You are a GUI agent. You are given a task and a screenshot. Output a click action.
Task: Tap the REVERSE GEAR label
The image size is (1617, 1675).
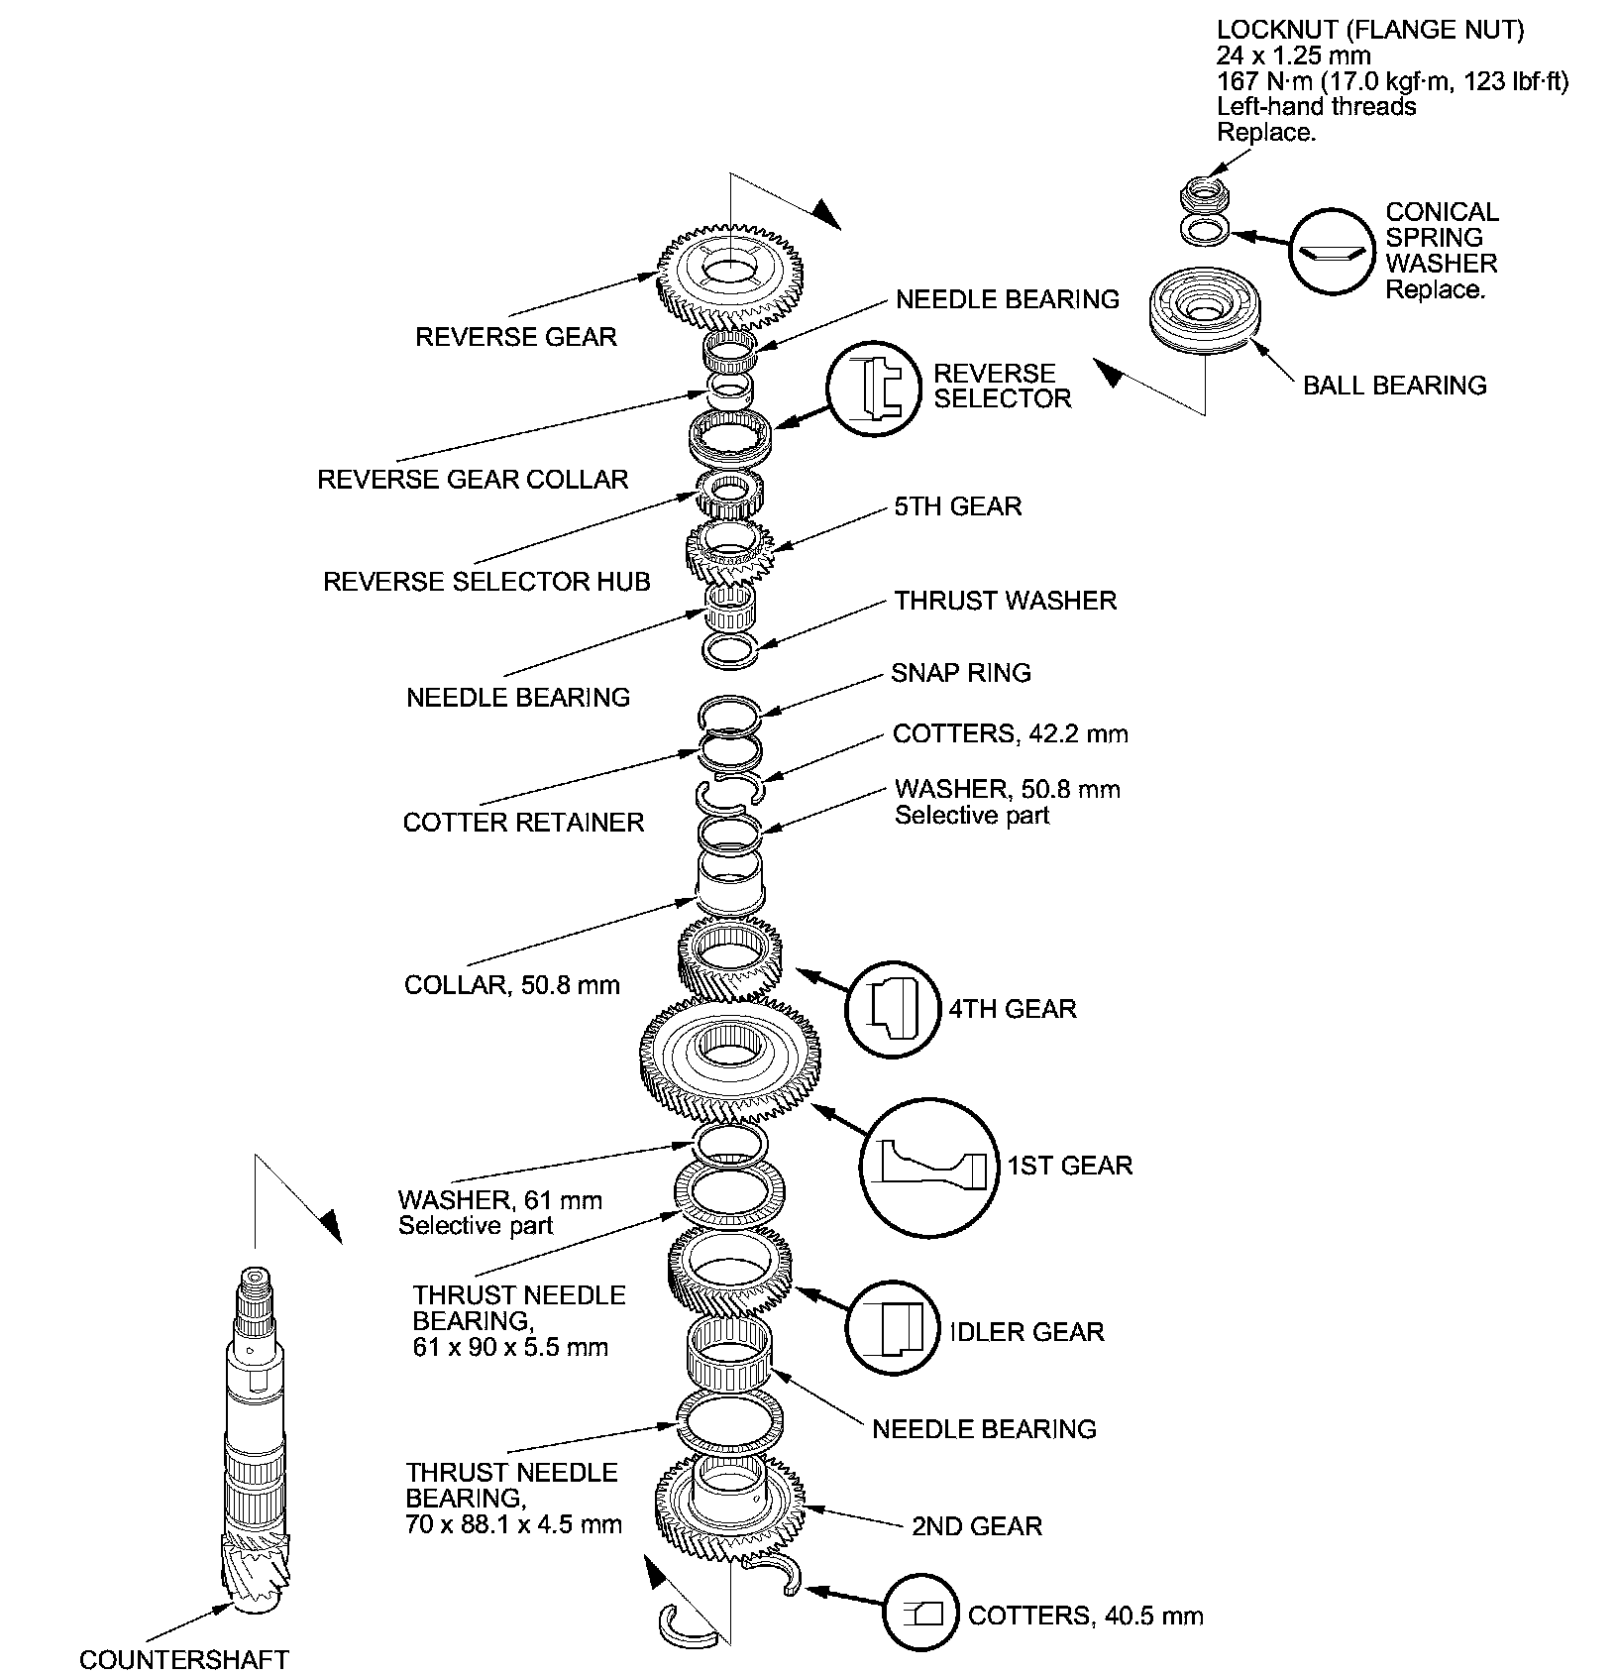(x=515, y=337)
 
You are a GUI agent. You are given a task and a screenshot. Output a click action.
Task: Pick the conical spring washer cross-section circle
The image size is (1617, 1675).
(x=1333, y=251)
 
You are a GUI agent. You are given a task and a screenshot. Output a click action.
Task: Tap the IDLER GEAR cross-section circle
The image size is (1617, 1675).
(x=892, y=1329)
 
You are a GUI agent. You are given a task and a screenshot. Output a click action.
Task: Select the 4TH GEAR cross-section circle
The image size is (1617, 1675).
(x=892, y=1009)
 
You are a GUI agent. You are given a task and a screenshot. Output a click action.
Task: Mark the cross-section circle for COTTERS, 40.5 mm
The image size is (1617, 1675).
(x=921, y=1615)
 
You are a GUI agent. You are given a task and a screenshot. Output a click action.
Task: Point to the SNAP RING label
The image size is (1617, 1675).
(x=960, y=673)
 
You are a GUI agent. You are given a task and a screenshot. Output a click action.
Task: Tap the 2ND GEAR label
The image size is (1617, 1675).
(x=976, y=1525)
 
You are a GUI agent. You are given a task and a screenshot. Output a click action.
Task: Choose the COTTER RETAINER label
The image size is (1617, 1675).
(x=523, y=822)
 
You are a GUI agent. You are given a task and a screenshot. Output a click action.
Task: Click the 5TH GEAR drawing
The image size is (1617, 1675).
(x=731, y=553)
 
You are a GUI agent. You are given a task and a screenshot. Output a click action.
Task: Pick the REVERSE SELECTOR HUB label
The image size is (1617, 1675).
(x=486, y=581)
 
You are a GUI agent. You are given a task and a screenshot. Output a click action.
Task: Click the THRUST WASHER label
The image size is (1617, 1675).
(x=1005, y=601)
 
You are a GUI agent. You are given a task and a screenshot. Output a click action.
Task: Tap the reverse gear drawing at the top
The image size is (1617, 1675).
(x=730, y=278)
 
